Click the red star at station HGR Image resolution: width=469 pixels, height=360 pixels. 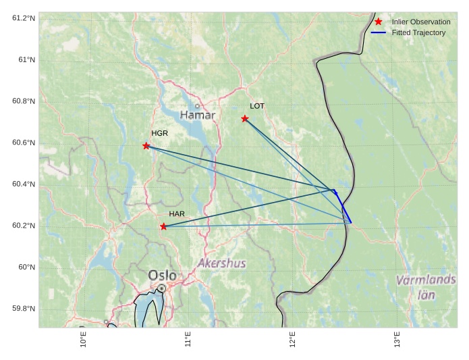click(x=146, y=146)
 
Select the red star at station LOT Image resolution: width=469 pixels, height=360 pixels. click(x=245, y=119)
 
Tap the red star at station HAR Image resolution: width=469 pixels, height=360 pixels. click(x=164, y=226)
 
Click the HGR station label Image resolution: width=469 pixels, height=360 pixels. click(x=159, y=133)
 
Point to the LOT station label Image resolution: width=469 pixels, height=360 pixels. click(x=257, y=106)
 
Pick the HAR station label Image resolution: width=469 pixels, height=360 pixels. click(x=177, y=214)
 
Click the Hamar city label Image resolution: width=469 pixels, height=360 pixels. click(x=198, y=115)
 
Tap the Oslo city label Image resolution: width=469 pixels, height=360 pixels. click(x=162, y=276)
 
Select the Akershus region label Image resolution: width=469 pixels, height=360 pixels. click(x=222, y=263)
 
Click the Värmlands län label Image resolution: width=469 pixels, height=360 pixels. click(x=426, y=287)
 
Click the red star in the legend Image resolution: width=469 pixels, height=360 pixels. click(x=379, y=22)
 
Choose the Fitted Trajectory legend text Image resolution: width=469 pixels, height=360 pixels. click(x=418, y=32)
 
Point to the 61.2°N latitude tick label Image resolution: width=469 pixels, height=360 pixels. click(x=24, y=18)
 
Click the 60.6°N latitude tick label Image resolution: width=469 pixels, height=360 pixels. click(x=24, y=143)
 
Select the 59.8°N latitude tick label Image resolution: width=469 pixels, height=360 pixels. click(x=24, y=309)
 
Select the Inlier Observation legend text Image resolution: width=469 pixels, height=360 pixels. click(x=421, y=22)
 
